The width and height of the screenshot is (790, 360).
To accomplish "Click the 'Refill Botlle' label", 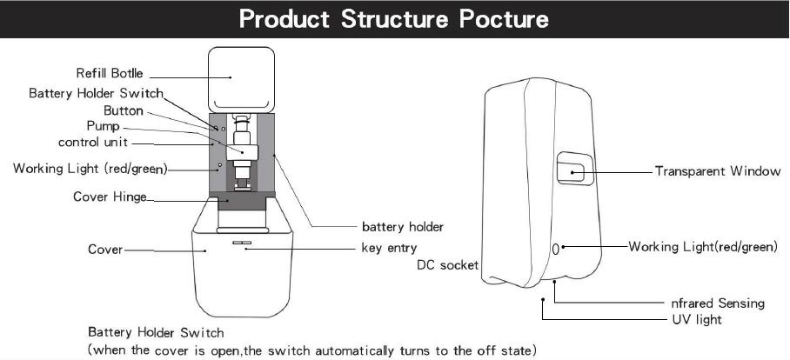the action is point(110,74).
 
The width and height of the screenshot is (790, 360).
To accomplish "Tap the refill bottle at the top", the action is point(242,78).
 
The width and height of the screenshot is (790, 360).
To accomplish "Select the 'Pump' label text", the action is point(103,126).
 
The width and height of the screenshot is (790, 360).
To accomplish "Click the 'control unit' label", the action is point(93,143).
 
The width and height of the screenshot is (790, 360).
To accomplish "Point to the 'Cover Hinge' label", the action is point(110,197).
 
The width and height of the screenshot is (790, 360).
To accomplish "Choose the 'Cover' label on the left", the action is point(104,250).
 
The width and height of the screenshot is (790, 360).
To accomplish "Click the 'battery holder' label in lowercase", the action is point(403,227).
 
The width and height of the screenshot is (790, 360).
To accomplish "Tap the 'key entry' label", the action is point(389,248).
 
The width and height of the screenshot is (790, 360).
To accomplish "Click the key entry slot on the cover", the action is point(242,243).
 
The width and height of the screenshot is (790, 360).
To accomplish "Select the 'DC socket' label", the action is point(447,265).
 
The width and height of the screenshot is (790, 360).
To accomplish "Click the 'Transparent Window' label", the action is point(718,171).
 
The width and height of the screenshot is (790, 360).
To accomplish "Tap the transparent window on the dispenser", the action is point(575,169).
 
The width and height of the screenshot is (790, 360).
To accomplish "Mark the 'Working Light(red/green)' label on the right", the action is point(703,247).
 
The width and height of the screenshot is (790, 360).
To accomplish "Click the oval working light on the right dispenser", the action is point(556,249).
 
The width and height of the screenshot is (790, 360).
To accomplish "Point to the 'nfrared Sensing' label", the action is point(718,303).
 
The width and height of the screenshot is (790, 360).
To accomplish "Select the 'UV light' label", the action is point(697,320).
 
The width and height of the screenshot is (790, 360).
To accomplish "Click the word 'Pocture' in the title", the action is point(504,19).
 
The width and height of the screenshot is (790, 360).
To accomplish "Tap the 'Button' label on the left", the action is point(124,110).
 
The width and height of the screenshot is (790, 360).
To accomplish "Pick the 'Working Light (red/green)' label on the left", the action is point(90,169).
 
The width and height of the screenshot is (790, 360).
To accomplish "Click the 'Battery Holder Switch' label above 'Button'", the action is point(96,93).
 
